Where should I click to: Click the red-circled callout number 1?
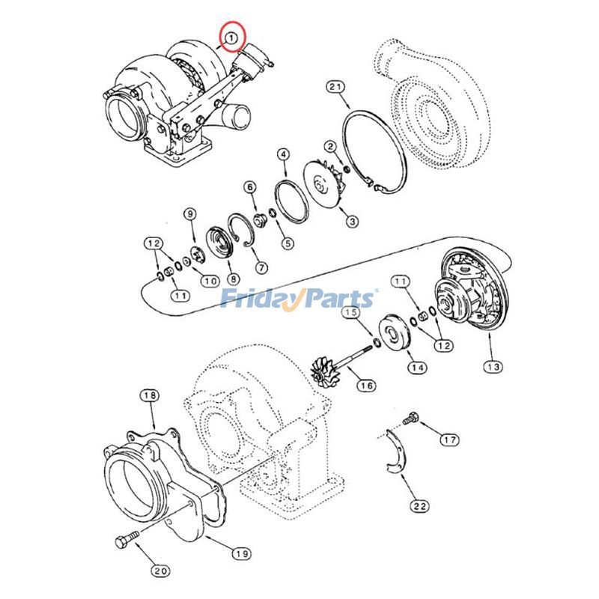point(232,35)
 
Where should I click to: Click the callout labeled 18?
point(149,395)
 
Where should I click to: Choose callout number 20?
point(160,571)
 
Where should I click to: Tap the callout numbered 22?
point(420,506)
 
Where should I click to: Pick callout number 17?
point(449,440)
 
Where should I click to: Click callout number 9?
point(190,214)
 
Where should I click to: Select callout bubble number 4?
point(282,155)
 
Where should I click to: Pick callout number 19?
point(240,553)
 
